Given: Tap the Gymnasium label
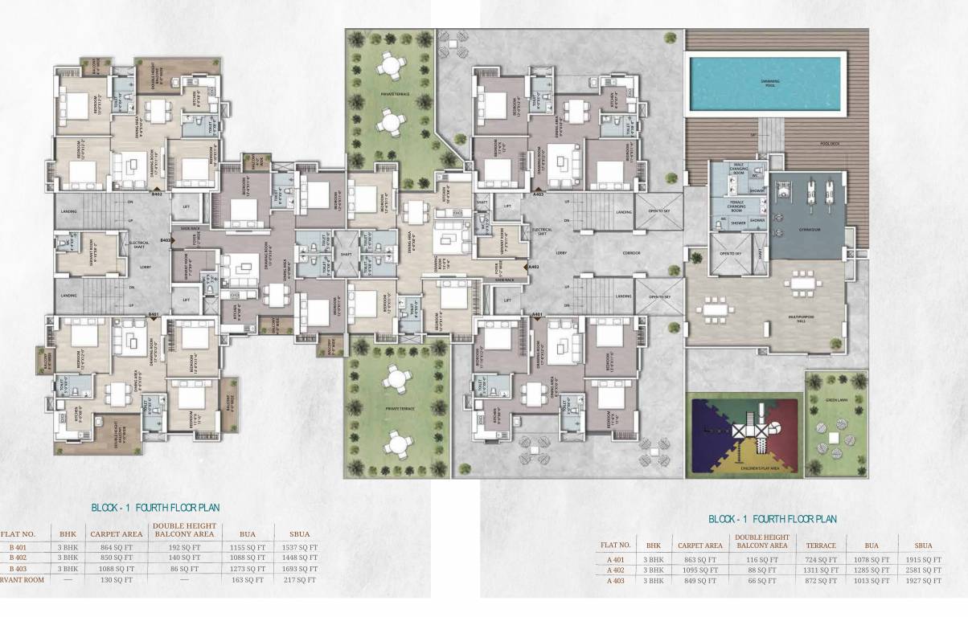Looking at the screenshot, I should (x=809, y=230).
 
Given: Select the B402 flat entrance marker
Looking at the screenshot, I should (x=157, y=194).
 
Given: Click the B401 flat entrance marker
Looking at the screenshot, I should (x=154, y=314).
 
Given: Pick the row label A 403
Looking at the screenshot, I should (x=615, y=580).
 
